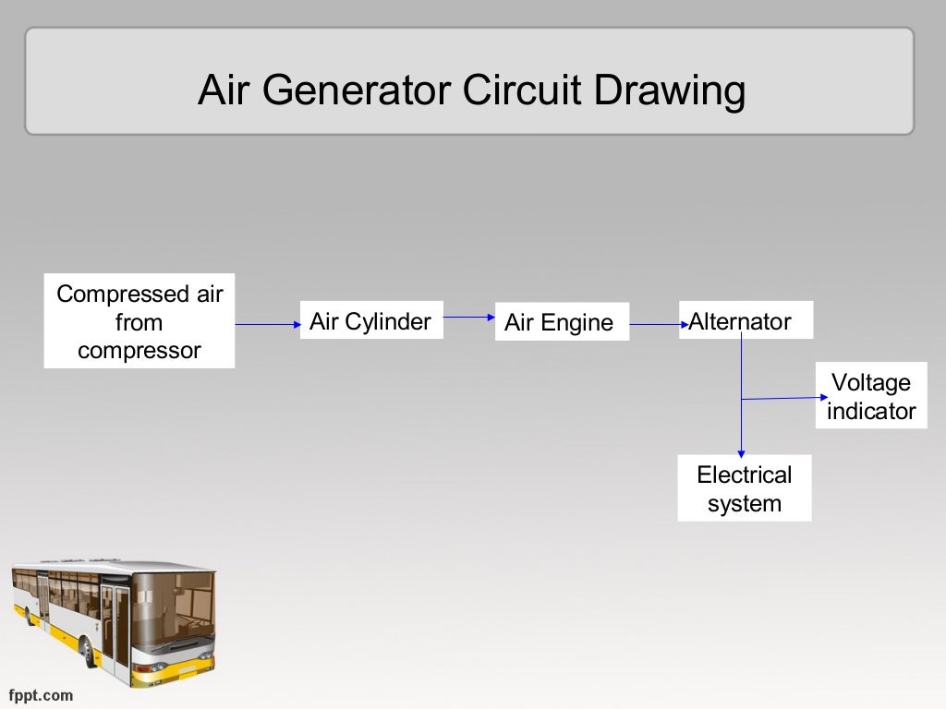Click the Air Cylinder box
[x=370, y=320]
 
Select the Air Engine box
[x=561, y=322]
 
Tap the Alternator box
[x=746, y=320]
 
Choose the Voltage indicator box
[x=870, y=396]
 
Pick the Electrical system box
[x=744, y=488]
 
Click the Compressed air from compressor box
[x=139, y=321]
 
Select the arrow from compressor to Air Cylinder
[x=268, y=324]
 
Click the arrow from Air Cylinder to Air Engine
[x=469, y=317]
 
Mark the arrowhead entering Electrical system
[x=741, y=452]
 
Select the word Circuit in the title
[x=523, y=91]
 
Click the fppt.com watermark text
[x=41, y=694]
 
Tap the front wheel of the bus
[x=88, y=651]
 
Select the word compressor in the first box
[x=139, y=351]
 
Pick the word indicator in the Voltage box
[x=870, y=411]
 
